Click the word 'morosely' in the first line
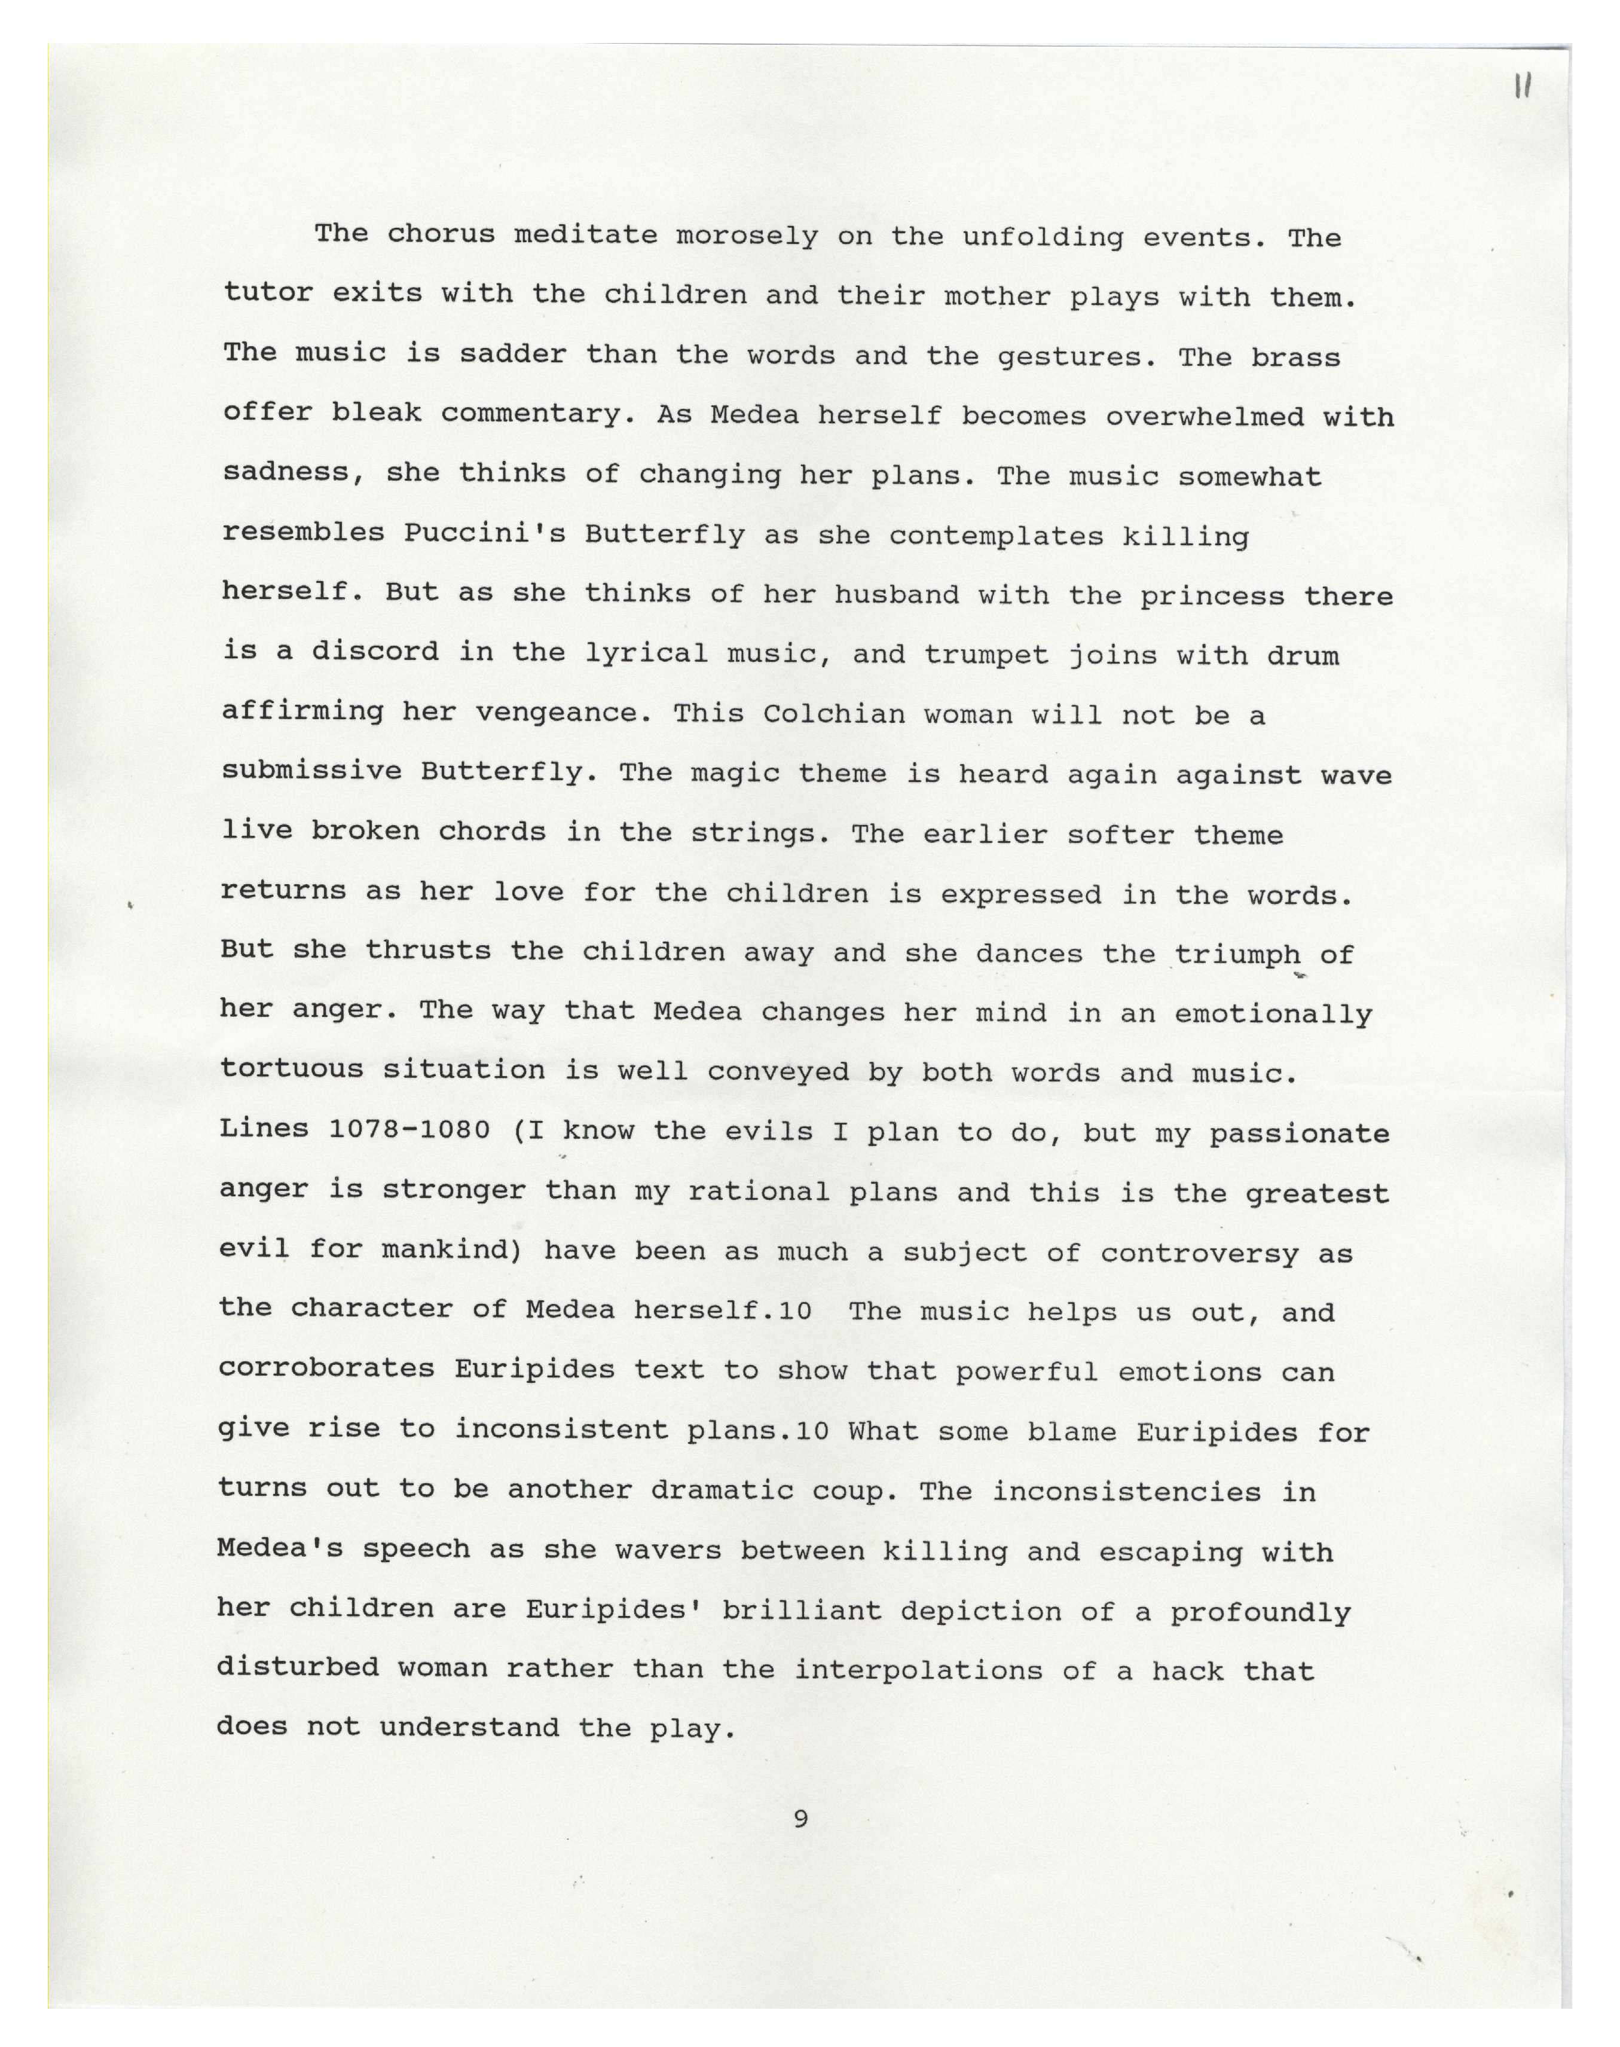[747, 236]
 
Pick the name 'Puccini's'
[485, 533]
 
